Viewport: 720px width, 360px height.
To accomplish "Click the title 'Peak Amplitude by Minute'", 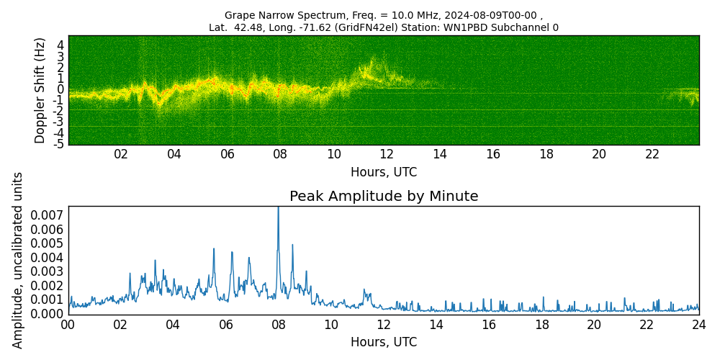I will point(384,197).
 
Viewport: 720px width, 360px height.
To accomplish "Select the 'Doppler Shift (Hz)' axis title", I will point(40,90).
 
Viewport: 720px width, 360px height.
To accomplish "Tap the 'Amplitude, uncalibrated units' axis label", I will point(18,260).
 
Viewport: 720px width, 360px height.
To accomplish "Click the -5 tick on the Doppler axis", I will point(60,144).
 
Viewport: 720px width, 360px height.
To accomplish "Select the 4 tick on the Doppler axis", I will point(61,45).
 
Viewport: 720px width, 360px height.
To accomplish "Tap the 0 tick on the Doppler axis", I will point(61,89).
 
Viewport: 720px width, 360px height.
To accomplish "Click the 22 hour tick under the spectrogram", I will point(652,154).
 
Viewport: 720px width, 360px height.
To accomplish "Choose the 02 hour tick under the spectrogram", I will point(121,154).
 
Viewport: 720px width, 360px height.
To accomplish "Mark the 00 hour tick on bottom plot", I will point(68,325).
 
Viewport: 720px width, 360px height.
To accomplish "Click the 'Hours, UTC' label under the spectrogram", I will point(384,172).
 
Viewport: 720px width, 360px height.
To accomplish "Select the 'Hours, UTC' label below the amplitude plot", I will point(384,342).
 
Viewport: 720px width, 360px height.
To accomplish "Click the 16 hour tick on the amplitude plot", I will point(489,325).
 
